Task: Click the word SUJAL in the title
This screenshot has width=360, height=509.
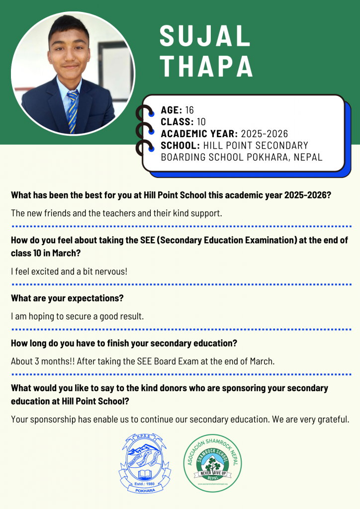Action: click(x=205, y=37)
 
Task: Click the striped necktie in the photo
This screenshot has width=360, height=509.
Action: click(x=73, y=110)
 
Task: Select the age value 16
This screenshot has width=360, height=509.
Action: click(x=189, y=110)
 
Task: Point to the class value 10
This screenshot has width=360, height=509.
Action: click(x=201, y=122)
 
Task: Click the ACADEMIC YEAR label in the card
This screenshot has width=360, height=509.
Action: click(x=199, y=134)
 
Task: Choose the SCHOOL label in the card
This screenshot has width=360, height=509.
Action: click(x=180, y=146)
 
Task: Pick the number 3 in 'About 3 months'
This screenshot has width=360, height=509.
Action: click(x=37, y=361)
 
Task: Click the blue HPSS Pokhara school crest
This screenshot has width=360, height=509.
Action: click(x=141, y=462)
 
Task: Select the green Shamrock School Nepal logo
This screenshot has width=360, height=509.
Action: click(x=212, y=462)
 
